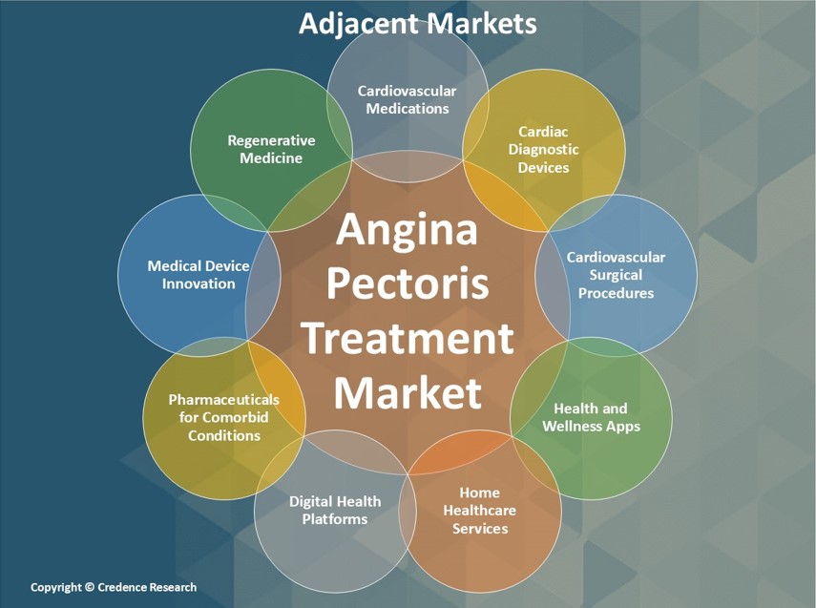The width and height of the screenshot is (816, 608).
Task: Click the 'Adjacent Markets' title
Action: [x=417, y=24]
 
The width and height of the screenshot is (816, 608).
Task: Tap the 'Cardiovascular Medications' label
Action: [x=407, y=99]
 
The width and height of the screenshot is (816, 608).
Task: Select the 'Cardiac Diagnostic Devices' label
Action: [x=543, y=150]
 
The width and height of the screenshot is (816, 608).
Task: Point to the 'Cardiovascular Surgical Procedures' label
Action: [x=616, y=275]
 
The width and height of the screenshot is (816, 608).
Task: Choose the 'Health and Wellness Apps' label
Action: [x=591, y=417]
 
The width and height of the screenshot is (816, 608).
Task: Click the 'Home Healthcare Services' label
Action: [x=480, y=510]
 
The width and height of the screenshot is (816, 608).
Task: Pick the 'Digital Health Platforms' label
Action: [x=335, y=510]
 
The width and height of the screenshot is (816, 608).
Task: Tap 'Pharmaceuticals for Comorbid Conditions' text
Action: [x=223, y=417]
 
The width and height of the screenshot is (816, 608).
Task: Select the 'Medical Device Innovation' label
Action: [x=199, y=275]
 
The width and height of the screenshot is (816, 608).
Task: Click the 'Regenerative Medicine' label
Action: [x=271, y=149]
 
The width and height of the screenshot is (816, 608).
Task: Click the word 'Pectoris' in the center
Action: [x=408, y=283]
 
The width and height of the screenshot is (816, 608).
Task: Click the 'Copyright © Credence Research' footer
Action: [x=114, y=587]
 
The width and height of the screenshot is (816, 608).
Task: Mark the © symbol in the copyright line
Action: [x=89, y=587]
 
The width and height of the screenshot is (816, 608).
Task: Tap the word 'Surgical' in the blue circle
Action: [x=616, y=275]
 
